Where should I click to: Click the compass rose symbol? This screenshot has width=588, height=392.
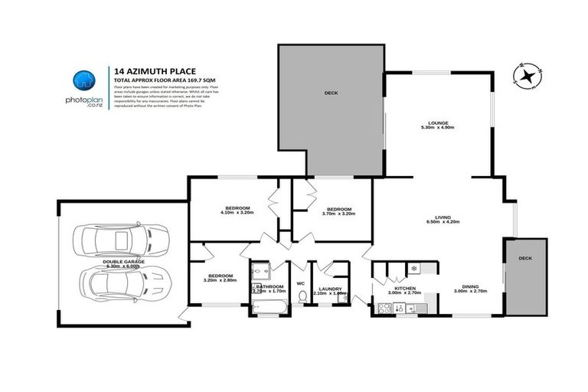(x=529, y=75)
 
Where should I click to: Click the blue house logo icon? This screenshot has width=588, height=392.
(x=83, y=80)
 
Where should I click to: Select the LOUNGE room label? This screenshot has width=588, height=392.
(x=438, y=122)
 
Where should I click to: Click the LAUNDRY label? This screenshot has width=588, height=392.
(x=330, y=289)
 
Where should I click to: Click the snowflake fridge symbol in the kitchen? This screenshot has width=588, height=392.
(x=413, y=269)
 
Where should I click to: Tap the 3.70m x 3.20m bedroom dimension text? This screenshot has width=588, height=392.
(x=338, y=214)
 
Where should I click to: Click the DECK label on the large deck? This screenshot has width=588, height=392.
(x=331, y=94)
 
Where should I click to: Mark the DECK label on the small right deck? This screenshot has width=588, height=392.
(x=524, y=259)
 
